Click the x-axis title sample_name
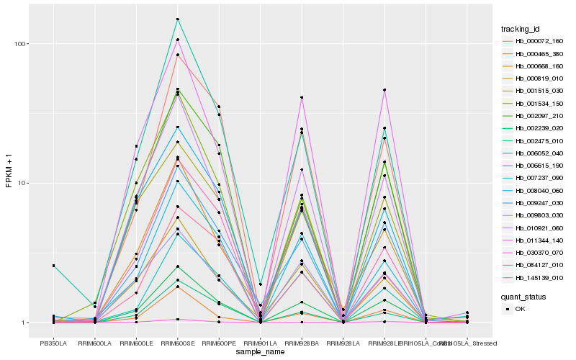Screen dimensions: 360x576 pyautogui.click(x=260, y=352)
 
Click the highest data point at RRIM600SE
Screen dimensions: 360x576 pyautogui.click(x=177, y=19)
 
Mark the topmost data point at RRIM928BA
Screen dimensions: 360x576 pyautogui.click(x=302, y=97)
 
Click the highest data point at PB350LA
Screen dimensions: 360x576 pyautogui.click(x=53, y=266)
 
